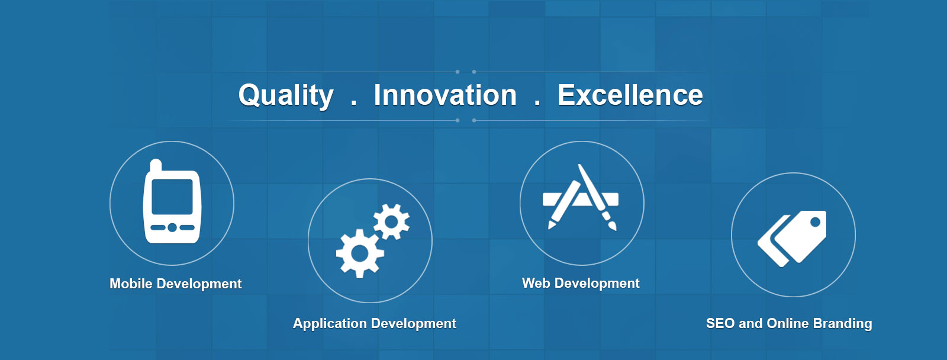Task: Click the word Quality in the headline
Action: (x=286, y=96)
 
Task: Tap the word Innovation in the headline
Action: (x=445, y=95)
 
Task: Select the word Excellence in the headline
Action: (x=630, y=95)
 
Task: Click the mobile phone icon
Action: (x=172, y=201)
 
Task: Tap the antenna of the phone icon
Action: (x=156, y=165)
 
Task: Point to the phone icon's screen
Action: (x=172, y=197)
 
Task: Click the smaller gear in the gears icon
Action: (x=391, y=221)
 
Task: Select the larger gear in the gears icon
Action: (x=360, y=253)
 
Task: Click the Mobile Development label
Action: (x=175, y=284)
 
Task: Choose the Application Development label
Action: (x=375, y=324)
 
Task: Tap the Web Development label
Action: (x=581, y=283)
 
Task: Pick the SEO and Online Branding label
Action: (x=789, y=324)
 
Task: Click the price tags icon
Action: (x=792, y=239)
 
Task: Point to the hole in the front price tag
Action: (x=815, y=221)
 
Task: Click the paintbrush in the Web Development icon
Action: (x=597, y=197)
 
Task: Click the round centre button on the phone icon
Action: (x=172, y=227)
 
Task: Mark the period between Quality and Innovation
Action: (x=354, y=103)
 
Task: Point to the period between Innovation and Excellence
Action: (x=537, y=103)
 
